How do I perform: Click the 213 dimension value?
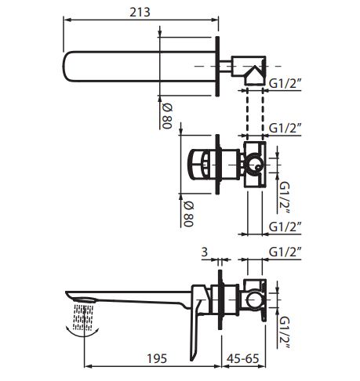(140, 12)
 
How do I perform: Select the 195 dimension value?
(157, 358)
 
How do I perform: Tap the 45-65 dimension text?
(243, 358)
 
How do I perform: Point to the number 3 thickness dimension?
(205, 252)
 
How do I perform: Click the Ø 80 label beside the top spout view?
(167, 116)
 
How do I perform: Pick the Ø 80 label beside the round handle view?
(188, 214)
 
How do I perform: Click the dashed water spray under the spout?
(83, 317)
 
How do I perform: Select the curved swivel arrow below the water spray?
(83, 332)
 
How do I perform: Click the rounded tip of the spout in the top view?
(64, 67)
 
